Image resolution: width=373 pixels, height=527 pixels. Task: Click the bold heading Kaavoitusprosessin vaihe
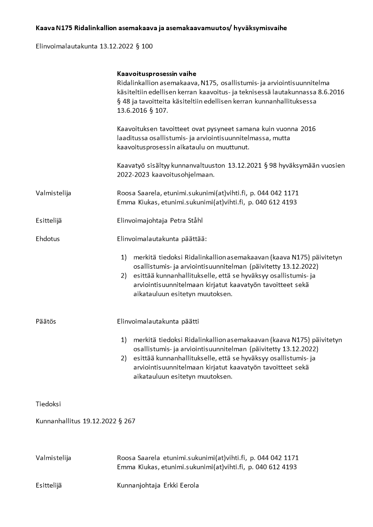156,74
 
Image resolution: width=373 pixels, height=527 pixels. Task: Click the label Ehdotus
47,239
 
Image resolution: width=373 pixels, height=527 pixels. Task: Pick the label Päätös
46,321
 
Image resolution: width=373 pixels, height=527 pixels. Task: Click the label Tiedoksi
48,403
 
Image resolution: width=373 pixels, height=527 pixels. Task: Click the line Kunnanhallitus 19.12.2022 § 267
85,421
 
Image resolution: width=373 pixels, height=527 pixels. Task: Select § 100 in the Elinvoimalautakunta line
144,46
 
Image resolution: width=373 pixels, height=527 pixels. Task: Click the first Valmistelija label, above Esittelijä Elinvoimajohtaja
54,193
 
